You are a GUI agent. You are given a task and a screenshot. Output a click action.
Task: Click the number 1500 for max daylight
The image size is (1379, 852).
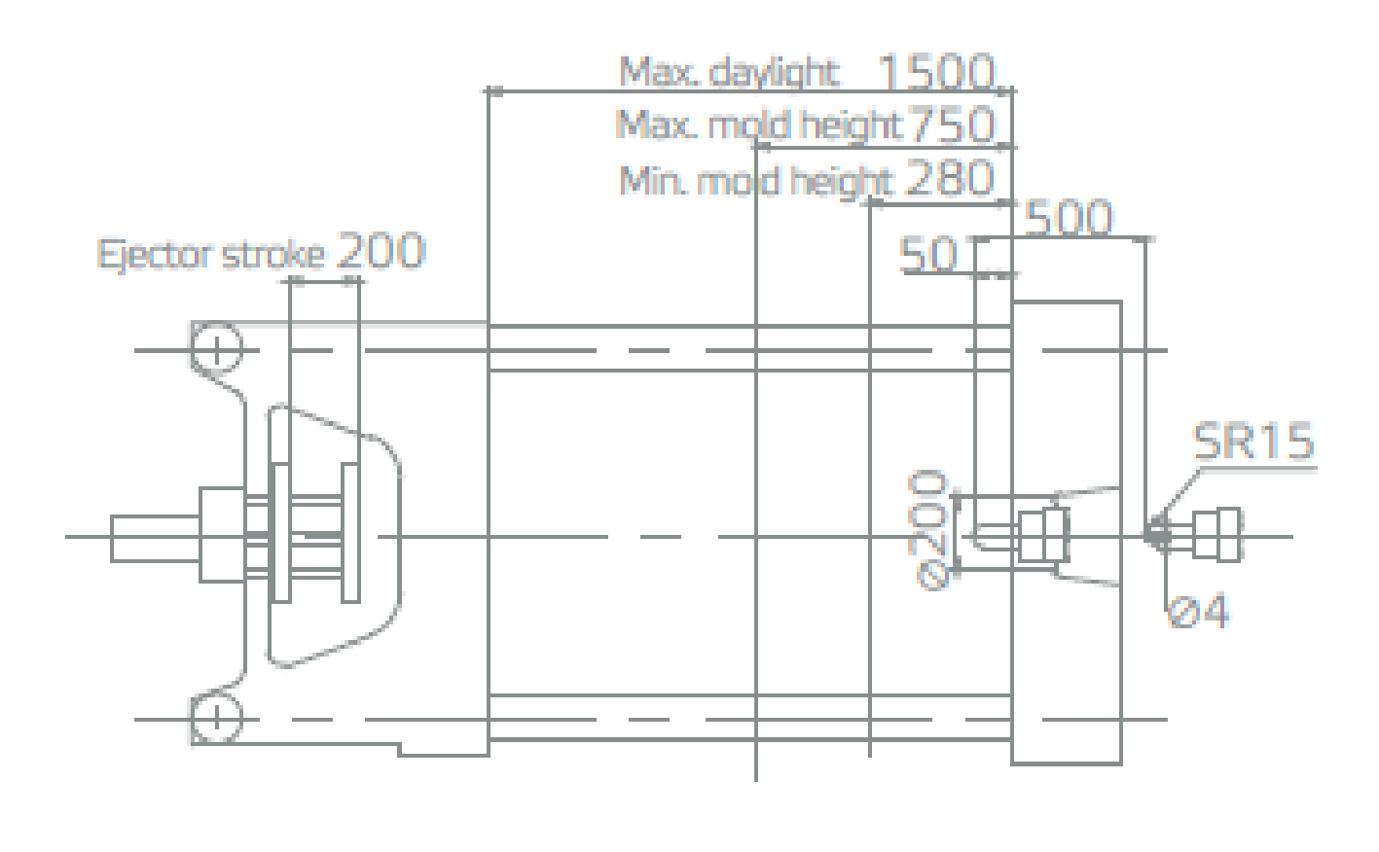[x=936, y=71]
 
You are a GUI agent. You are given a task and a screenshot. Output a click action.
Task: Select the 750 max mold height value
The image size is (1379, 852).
[x=951, y=124]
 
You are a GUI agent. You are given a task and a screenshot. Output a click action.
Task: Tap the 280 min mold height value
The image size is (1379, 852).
[x=950, y=178]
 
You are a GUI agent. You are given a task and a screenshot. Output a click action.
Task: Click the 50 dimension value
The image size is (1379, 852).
[x=928, y=254]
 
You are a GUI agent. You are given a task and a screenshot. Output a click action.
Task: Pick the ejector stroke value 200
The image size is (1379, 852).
[x=381, y=251]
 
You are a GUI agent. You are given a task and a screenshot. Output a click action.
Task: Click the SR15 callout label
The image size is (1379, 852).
[x=1253, y=441]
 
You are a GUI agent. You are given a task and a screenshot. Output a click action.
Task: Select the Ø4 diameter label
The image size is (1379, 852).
[x=1198, y=611]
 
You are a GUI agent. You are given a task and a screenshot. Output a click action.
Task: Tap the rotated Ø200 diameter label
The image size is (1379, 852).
[x=929, y=530]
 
